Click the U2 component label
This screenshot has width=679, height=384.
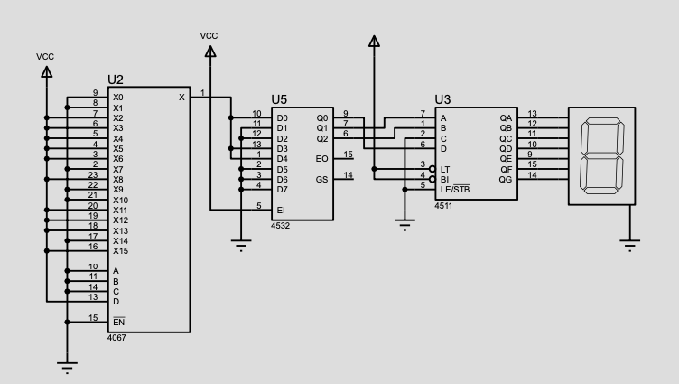click(115, 80)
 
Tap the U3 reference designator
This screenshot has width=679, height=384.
click(442, 99)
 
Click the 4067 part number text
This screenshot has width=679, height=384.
click(116, 338)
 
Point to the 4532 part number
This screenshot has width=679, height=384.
click(280, 225)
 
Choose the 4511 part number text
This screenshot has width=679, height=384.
click(442, 206)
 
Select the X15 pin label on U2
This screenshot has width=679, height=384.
click(120, 250)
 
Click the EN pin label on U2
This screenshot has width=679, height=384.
click(117, 322)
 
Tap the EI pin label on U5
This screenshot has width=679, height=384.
click(281, 210)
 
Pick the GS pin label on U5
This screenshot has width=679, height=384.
click(322, 179)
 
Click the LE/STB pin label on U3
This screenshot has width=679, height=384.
click(454, 189)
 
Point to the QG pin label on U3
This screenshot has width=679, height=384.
click(506, 179)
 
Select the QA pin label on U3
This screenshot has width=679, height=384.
click(506, 117)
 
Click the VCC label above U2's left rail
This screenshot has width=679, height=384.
click(45, 57)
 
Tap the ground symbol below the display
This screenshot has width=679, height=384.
click(631, 241)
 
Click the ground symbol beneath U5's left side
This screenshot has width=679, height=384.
click(240, 242)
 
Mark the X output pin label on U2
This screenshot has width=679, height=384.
click(181, 97)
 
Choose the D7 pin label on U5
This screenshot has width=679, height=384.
click(283, 189)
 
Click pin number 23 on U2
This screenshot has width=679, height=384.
click(93, 175)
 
